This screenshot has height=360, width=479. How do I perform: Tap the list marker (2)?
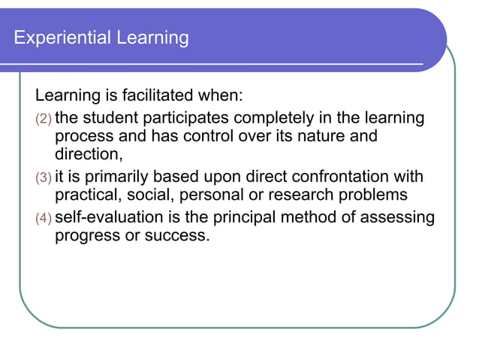tap(44, 119)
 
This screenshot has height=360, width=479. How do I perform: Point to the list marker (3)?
tap(44, 178)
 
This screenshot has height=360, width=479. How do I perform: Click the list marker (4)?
tap(44, 218)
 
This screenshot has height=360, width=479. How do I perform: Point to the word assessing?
tap(399, 217)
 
